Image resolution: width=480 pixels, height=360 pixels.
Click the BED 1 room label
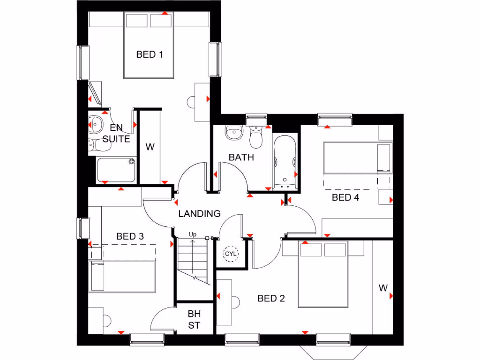point(150,55)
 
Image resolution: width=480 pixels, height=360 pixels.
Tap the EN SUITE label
point(116,133)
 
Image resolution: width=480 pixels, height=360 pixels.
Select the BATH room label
point(241,157)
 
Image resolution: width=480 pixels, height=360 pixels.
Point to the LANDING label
point(199,214)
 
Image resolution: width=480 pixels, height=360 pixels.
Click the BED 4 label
point(345,198)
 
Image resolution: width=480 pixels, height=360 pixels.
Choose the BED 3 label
point(130,237)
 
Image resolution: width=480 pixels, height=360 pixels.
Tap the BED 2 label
point(271,299)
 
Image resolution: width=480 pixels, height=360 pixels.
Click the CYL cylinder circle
point(231,254)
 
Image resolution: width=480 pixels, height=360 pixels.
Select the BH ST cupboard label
point(194,319)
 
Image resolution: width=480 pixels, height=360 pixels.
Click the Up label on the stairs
point(192,234)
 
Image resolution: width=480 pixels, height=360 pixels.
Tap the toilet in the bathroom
point(256,137)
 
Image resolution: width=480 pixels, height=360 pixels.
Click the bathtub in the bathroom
point(285,162)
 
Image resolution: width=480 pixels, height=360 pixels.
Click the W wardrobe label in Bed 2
point(383,288)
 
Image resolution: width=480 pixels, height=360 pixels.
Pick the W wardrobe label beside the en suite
point(150,147)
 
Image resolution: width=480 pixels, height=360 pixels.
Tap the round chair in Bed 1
point(191,102)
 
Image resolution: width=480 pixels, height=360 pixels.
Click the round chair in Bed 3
point(107,322)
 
